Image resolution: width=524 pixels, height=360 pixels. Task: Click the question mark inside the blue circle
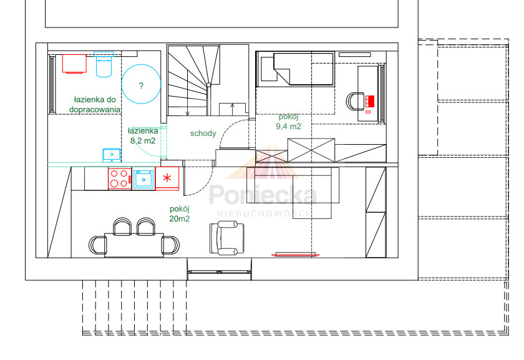[141, 85]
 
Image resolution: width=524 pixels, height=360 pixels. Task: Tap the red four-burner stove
[120, 178]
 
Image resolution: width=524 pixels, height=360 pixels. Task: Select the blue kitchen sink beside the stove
[143, 179]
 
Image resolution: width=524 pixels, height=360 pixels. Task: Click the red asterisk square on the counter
[167, 178]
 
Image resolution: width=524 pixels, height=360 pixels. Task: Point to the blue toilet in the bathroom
[104, 64]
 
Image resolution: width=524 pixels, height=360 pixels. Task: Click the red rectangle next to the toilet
[74, 64]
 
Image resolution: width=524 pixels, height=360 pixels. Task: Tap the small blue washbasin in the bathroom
[112, 155]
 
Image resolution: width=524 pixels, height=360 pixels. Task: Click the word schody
[203, 134]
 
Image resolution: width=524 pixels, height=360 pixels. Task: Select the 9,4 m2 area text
[288, 127]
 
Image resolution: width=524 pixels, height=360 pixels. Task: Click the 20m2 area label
[180, 218]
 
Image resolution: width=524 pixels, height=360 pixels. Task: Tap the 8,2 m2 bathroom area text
[143, 141]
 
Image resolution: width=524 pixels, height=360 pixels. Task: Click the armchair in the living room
[227, 238]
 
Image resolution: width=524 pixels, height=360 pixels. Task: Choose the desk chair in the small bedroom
[355, 101]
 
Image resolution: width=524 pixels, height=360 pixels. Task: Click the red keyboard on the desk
[369, 101]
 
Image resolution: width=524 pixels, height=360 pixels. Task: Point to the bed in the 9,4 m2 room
[295, 69]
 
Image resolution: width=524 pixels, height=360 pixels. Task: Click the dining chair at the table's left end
[97, 245]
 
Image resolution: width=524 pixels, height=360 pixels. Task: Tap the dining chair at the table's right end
[171, 245]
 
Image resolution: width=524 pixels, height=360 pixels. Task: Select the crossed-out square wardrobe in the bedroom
[311, 150]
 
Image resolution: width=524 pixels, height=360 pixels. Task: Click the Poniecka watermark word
[263, 195]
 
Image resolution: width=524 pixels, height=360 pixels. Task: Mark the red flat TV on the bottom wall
[296, 255]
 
